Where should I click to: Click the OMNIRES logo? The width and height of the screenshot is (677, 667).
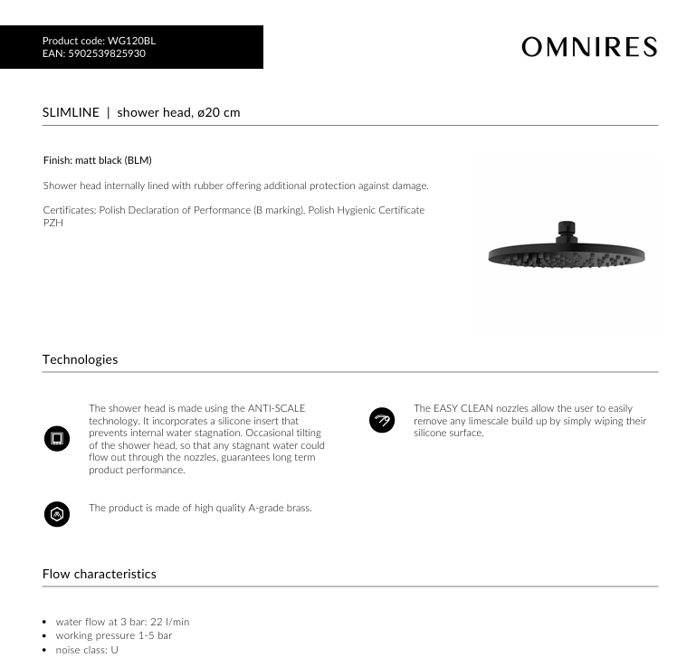point(588,47)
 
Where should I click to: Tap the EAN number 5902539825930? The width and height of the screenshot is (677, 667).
point(106,53)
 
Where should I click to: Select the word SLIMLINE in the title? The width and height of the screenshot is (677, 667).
point(70,113)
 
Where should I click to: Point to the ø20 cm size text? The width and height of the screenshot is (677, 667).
point(219,113)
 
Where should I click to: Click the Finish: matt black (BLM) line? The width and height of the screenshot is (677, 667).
point(98,160)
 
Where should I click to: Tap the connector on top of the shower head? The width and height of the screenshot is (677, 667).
point(567,229)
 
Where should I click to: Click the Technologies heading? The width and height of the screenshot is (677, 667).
point(80,359)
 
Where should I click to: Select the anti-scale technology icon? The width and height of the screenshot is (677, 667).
point(56,439)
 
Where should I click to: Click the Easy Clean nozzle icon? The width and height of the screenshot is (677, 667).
point(382,420)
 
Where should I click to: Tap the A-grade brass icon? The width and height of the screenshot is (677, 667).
point(56,514)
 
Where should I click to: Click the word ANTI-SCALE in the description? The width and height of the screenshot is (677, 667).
point(277,409)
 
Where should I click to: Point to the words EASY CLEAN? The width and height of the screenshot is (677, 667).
point(462,409)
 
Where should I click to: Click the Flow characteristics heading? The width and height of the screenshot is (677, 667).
point(99,574)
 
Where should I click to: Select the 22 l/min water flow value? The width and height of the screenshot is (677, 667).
point(167,622)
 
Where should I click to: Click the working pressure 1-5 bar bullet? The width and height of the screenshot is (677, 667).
point(114,635)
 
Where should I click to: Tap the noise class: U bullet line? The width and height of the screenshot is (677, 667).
point(87,650)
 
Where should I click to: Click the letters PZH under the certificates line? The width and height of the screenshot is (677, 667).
point(52,223)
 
